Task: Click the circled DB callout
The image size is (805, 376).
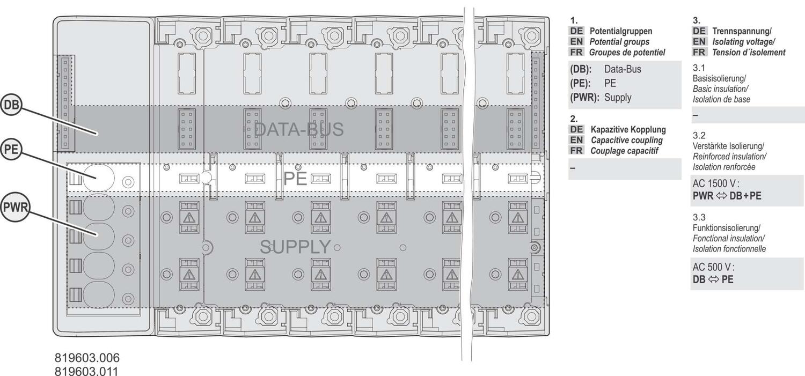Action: [11, 105]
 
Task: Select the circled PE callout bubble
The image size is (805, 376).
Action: [11, 149]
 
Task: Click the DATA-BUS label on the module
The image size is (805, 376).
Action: [298, 129]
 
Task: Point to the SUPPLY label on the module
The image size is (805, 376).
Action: [295, 247]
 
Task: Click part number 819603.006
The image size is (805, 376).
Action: [87, 358]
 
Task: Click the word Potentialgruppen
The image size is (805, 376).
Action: [621, 31]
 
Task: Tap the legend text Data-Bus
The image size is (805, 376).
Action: [623, 69]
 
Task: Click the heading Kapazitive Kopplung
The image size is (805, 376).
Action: [628, 130]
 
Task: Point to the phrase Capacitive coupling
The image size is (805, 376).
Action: [627, 140]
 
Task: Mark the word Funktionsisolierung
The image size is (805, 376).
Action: [726, 228]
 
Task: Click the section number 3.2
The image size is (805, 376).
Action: [699, 135]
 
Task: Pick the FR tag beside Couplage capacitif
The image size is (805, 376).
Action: [576, 151]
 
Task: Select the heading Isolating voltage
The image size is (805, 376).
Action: [743, 42]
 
